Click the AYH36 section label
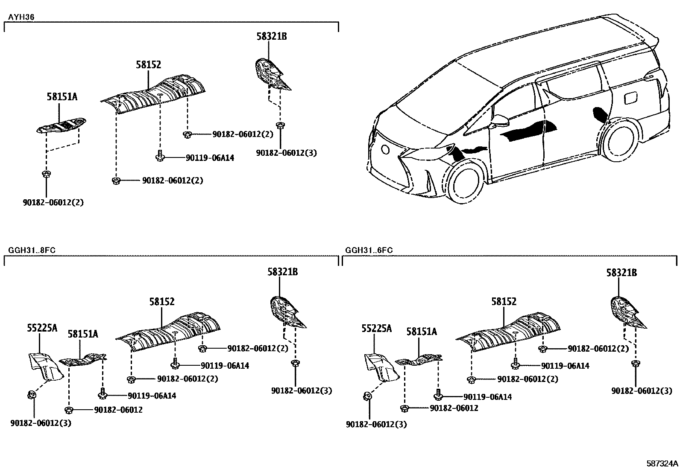21,17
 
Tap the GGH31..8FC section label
29,250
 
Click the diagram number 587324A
662,463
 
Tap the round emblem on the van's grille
385,149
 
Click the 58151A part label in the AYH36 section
62,97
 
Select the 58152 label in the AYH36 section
148,65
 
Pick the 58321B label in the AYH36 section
271,36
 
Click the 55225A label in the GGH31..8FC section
41,328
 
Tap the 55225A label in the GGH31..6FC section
376,328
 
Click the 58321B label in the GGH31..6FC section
621,272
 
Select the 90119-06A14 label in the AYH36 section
210,158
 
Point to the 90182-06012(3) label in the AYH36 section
286,152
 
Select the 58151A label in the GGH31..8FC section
82,334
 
